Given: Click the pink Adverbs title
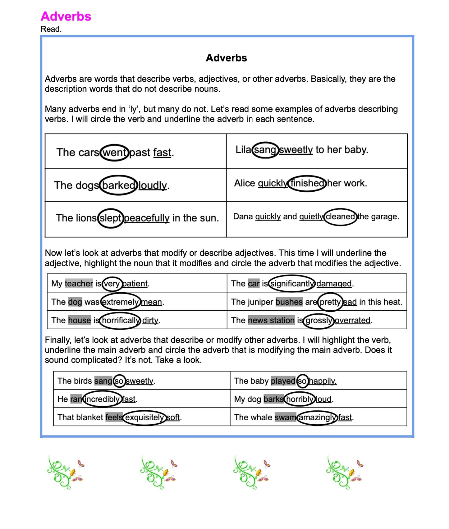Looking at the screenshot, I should pyautogui.click(x=66, y=16).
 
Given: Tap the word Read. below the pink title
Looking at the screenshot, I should pyautogui.click(x=51, y=29).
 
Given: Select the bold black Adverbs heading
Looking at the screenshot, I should pyautogui.click(x=226, y=58).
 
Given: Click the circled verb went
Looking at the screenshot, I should pyautogui.click(x=115, y=153).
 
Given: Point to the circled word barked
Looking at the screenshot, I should pyautogui.click(x=118, y=185).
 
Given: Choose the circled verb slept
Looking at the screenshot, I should pyautogui.click(x=111, y=218).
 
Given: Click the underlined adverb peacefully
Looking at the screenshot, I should pyautogui.click(x=147, y=218).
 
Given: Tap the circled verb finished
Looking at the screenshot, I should pyautogui.click(x=307, y=183).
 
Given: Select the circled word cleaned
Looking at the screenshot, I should pyautogui.click(x=340, y=217).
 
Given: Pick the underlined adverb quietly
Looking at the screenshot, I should pyautogui.click(x=311, y=217).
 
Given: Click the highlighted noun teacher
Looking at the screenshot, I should pyautogui.click(x=79, y=283).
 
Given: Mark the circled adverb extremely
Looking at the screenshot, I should pyautogui.click(x=120, y=302).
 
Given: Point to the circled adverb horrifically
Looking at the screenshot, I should pyautogui.click(x=121, y=320).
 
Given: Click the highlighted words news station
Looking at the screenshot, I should pyautogui.click(x=271, y=320).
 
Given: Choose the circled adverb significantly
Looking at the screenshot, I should pyautogui.click(x=292, y=283).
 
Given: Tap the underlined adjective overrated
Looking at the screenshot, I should pyautogui.click(x=352, y=320).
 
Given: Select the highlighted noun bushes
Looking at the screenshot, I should pyautogui.click(x=289, y=302).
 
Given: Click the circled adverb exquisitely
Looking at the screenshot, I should pyautogui.click(x=144, y=417).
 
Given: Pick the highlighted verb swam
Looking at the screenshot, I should pyautogui.click(x=285, y=417).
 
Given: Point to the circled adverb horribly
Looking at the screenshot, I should pyautogui.click(x=300, y=399).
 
